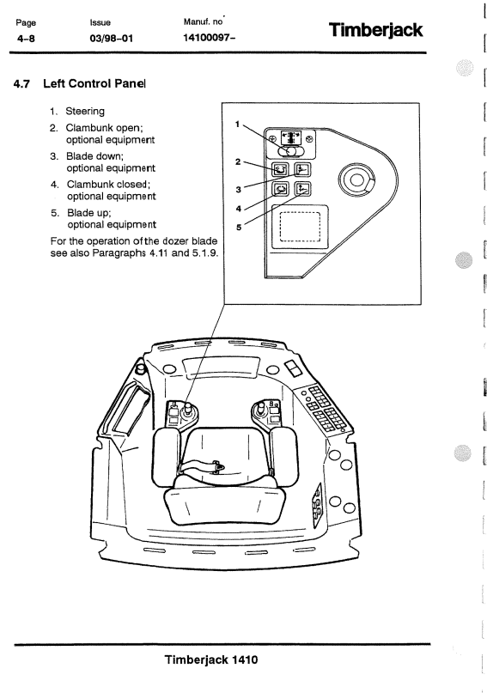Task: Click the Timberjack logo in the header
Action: pos(375,31)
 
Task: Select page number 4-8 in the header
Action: pos(26,39)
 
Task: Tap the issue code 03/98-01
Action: pos(111,38)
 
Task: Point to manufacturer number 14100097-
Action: pos(209,38)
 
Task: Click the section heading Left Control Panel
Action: pos(94,83)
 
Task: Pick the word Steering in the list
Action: pos(85,112)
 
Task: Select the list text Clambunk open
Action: pos(104,128)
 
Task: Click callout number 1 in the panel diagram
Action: pos(237,125)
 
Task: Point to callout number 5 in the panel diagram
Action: pos(239,228)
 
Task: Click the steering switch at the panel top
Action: pos(291,151)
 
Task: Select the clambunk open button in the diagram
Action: pos(280,169)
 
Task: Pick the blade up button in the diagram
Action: pos(303,189)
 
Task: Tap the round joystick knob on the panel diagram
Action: pos(356,179)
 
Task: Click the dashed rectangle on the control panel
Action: pos(300,228)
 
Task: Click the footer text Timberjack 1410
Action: pos(211,660)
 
